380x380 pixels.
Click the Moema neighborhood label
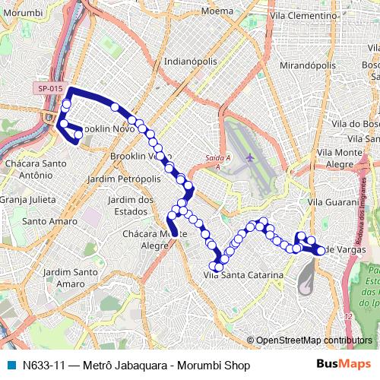pyautogui.click(x=217, y=12)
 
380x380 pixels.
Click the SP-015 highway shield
pyautogui.click(x=49, y=89)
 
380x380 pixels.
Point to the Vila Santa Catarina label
pyautogui.click(x=245, y=274)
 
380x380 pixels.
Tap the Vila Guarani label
pyautogui.click(x=332, y=202)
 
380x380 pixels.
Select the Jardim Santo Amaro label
pyautogui.click(x=67, y=277)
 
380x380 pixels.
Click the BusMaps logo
pyautogui.click(x=343, y=365)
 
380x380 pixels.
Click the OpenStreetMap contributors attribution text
pyautogui.click(x=313, y=340)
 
